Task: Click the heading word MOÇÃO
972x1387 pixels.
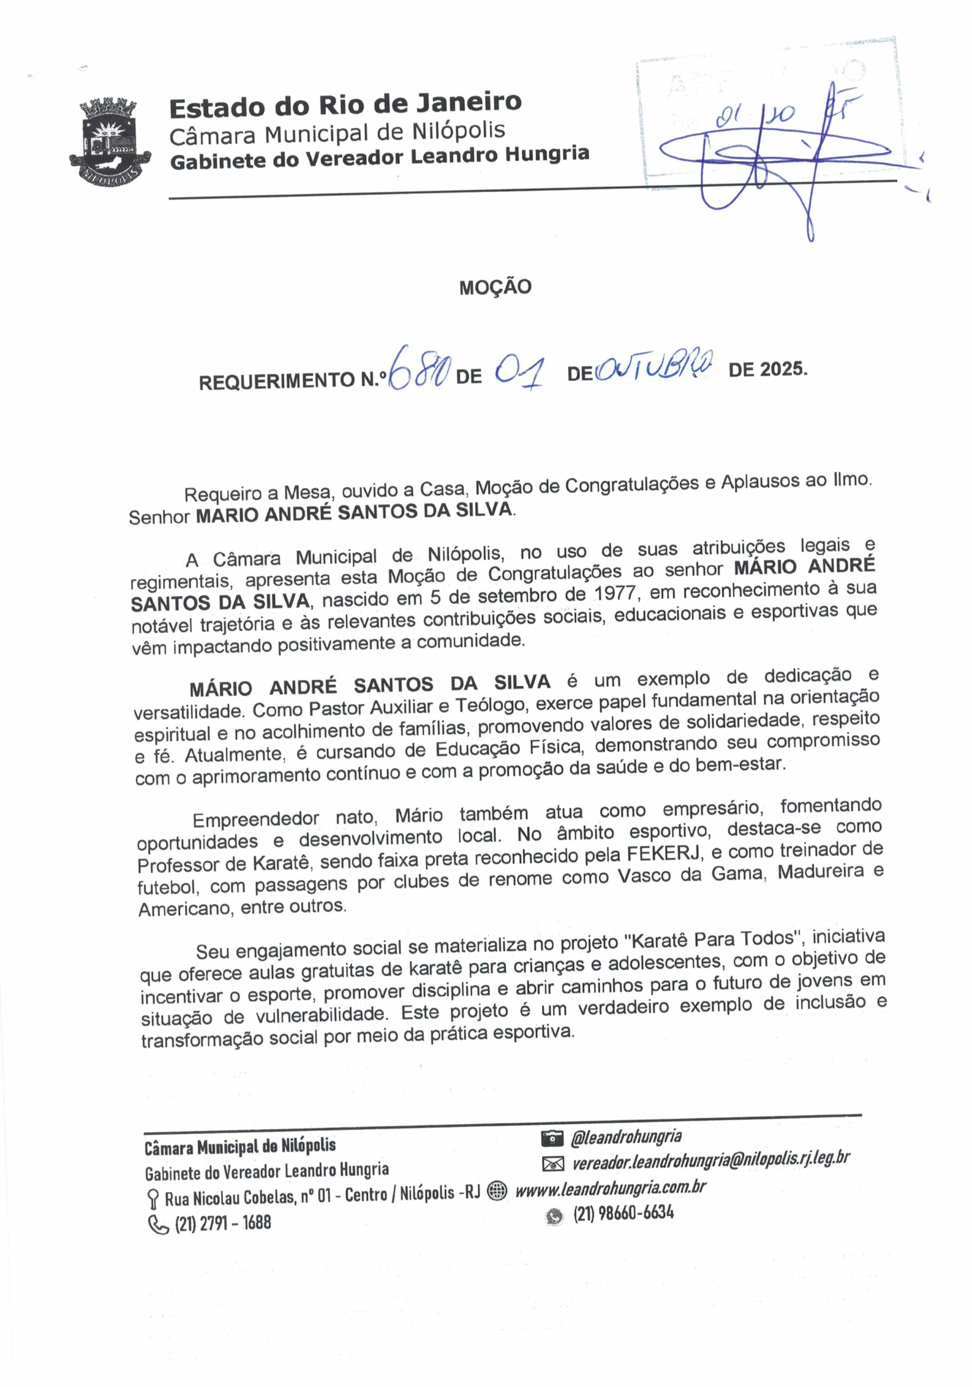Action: [x=495, y=287]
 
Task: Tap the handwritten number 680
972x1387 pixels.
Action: [x=419, y=369]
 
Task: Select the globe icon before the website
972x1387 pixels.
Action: [x=497, y=1190]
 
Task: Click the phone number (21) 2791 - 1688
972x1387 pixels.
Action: [x=222, y=1223]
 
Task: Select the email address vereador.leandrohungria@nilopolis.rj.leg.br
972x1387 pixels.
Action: [x=711, y=1159]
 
